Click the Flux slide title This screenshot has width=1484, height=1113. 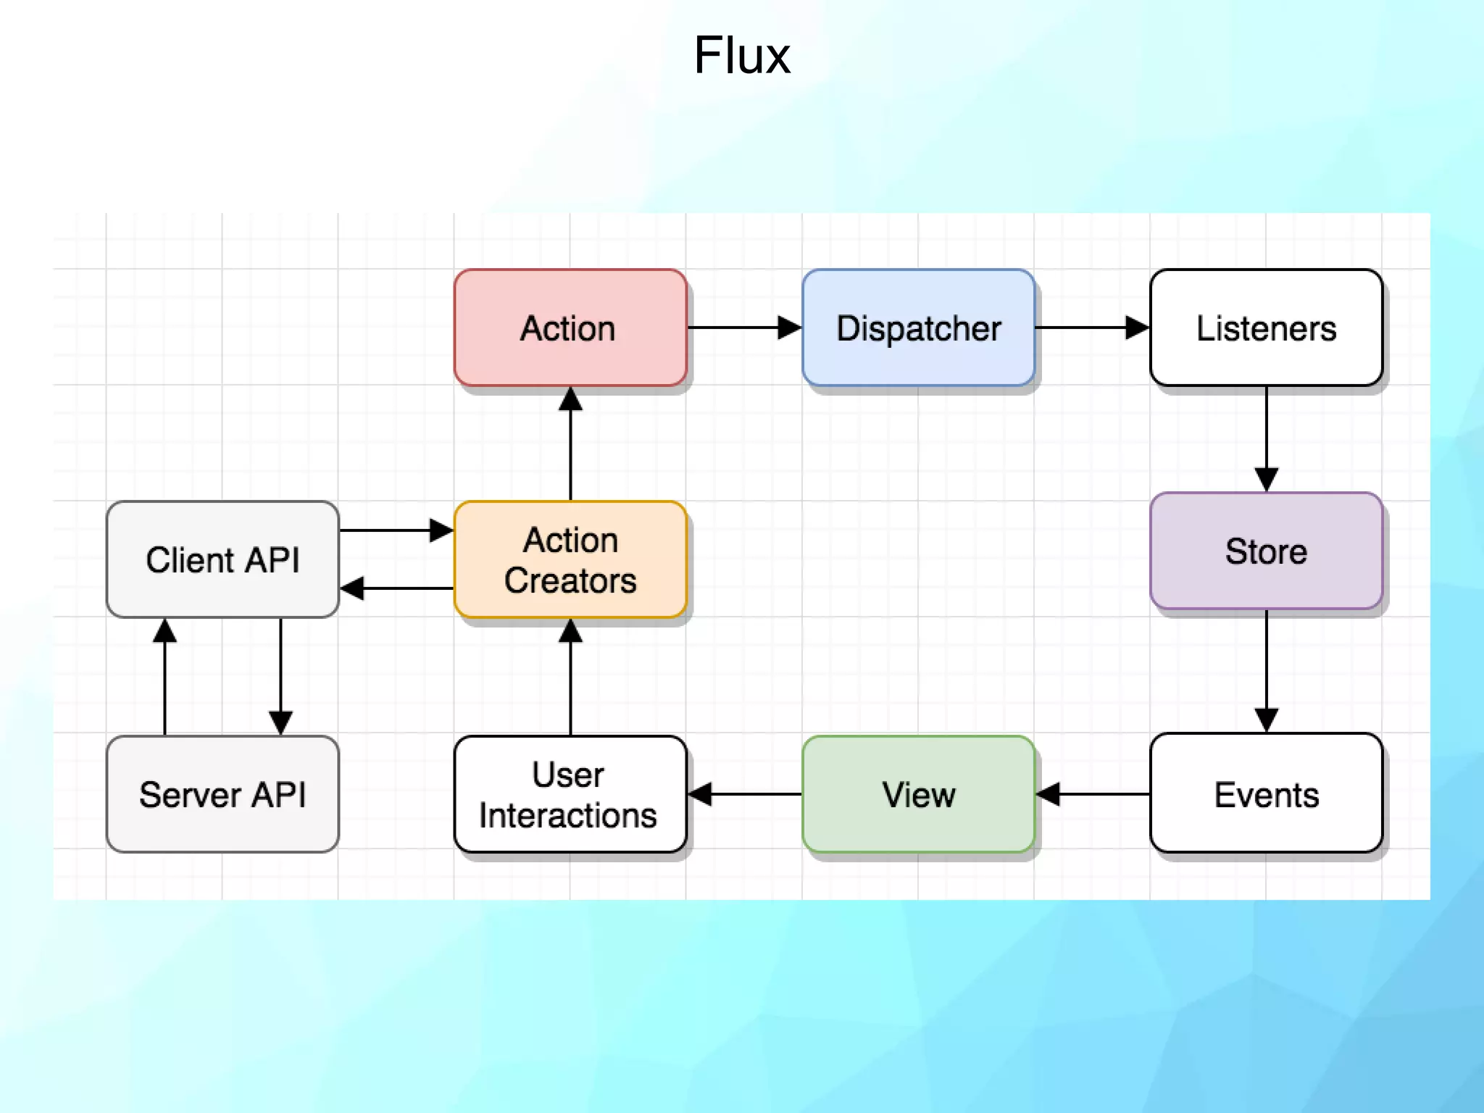(741, 56)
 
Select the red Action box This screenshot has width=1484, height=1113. (570, 328)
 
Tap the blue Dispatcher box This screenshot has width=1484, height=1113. (918, 328)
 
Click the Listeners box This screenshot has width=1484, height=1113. (1266, 328)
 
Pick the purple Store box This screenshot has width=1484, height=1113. (1266, 551)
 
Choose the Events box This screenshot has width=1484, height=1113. (1266, 794)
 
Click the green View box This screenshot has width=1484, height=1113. (918, 794)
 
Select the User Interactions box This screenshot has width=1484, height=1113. (570, 794)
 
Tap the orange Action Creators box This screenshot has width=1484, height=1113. (570, 559)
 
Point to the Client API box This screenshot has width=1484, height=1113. (222, 559)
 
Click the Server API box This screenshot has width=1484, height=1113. (222, 794)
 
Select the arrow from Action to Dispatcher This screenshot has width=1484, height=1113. (744, 328)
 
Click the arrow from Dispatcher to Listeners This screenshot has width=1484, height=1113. (1092, 328)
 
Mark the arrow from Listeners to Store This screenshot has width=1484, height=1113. (1266, 438)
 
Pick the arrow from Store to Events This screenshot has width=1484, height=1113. (1266, 670)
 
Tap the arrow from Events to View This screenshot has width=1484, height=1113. (1092, 794)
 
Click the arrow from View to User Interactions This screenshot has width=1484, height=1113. (744, 794)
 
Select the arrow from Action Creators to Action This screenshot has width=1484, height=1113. (570, 443)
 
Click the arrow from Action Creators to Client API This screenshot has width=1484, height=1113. (396, 588)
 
